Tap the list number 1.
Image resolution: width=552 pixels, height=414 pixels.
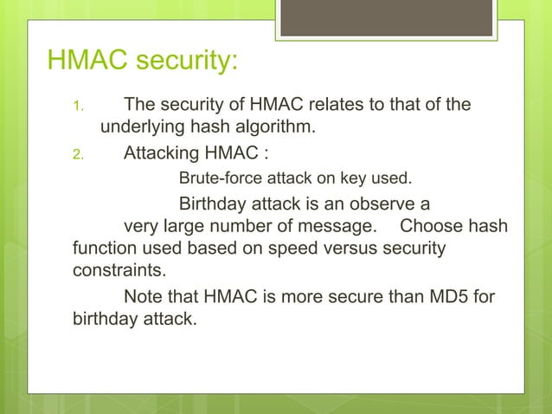[76, 108]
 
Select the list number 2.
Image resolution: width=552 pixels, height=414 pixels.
[76, 157]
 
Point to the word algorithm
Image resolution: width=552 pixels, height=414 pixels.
[269, 130]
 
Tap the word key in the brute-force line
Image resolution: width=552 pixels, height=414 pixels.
[343, 180]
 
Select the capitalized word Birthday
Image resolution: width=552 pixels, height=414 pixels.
[215, 205]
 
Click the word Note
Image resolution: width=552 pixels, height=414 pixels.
[144, 296]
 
